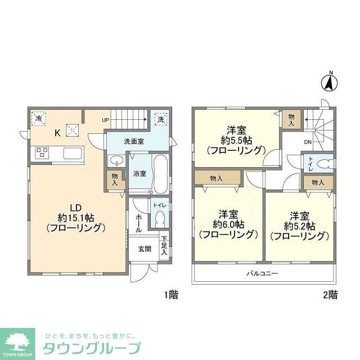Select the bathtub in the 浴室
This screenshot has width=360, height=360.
pyautogui.click(x=159, y=175)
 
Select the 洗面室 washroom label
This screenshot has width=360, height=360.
pyautogui.click(x=134, y=141)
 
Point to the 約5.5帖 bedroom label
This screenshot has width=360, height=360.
pyautogui.click(x=236, y=139)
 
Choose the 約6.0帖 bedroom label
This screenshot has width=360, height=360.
pyautogui.click(x=228, y=223)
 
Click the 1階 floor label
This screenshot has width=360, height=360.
pyautogui.click(x=172, y=294)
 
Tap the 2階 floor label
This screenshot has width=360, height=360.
pyautogui.click(x=330, y=294)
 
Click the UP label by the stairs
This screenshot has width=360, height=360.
pyautogui.click(x=106, y=120)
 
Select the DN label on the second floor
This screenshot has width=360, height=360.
pyautogui.click(x=308, y=142)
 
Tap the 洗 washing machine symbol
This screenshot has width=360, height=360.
pyautogui.click(x=161, y=119)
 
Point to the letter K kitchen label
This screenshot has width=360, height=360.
pyautogui.click(x=57, y=133)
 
